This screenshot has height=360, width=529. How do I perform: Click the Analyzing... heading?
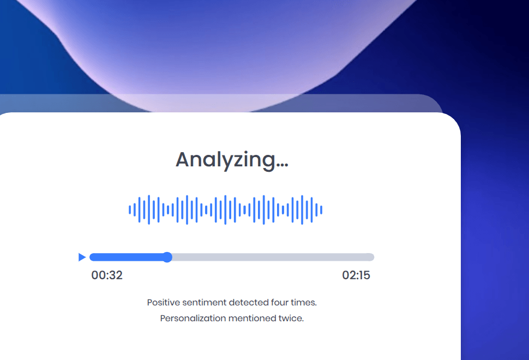pos(232,160)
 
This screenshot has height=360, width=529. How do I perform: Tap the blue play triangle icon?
pos(82,257)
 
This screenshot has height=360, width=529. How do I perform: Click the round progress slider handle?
pos(167,257)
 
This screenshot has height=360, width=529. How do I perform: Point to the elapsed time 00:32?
pos(107,275)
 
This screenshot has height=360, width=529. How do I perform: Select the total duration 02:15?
pos(356,275)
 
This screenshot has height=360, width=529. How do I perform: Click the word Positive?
pos(164,302)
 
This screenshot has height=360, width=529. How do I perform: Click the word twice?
pos(291,318)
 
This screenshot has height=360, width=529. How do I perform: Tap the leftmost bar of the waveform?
pos(130,210)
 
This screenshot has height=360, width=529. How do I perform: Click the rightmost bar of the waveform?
pos(321,210)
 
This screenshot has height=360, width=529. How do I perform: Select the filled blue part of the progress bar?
pos(128,257)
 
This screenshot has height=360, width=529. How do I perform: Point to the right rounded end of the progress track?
pos(372,257)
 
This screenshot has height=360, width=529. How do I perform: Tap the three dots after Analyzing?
pos(282,165)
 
